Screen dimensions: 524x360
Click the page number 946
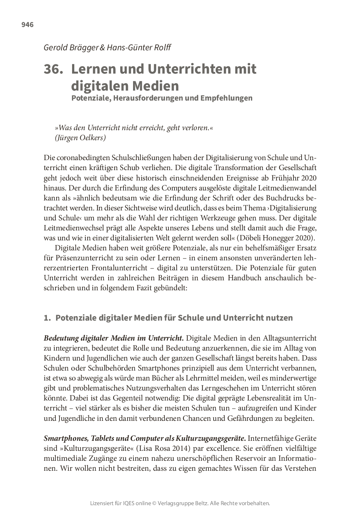[x=27, y=25]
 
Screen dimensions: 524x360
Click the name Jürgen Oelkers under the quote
[x=81, y=138]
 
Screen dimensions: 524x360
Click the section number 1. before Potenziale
[x=47, y=318]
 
